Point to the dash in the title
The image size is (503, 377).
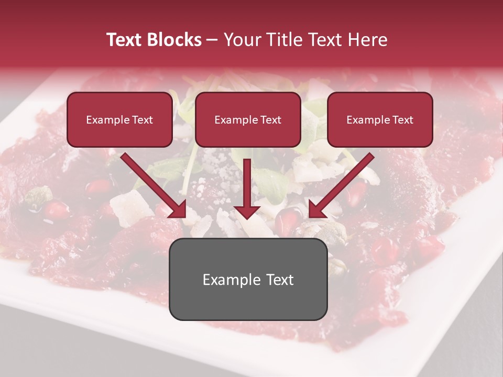[x=212, y=40]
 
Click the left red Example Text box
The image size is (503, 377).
[x=119, y=119]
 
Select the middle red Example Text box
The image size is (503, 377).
[x=248, y=119]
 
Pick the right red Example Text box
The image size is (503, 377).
[x=380, y=119]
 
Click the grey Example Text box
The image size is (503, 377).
[x=248, y=279]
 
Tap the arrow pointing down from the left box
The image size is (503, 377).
[x=152, y=184]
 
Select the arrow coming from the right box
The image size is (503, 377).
[x=343, y=184]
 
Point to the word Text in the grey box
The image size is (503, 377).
[x=280, y=280]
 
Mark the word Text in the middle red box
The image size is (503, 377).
[x=270, y=120]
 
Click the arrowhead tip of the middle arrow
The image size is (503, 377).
[x=247, y=217]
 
